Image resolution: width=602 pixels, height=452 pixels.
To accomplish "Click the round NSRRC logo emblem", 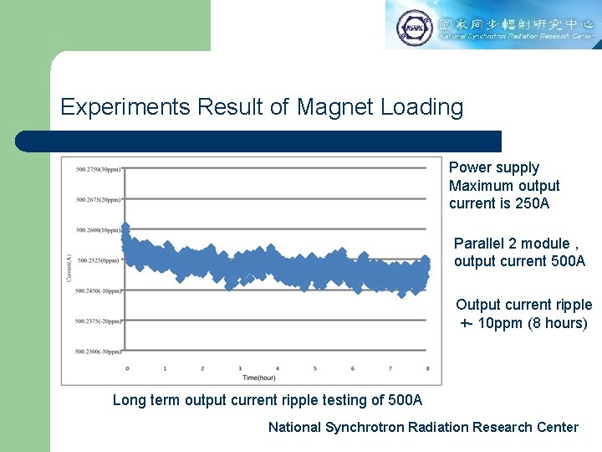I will point(416,28).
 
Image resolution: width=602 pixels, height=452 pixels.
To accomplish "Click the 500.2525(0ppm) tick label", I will point(99,260).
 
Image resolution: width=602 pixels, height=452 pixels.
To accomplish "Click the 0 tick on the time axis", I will point(127,368).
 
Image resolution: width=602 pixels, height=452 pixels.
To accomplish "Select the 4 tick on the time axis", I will point(278,368).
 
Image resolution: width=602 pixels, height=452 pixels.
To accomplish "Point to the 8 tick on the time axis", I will point(428,368).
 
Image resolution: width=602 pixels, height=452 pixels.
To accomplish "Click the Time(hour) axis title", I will point(277,379).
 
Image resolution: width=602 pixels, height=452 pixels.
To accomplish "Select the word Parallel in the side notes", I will point(477,244).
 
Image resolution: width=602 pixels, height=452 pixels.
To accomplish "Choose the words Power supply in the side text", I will point(494,167).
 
